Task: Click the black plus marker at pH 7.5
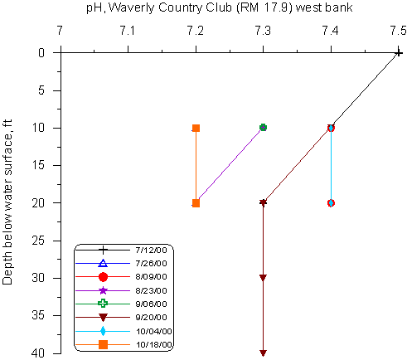[x=398, y=52]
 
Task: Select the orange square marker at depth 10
[x=196, y=128]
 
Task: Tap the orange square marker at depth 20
[x=196, y=203]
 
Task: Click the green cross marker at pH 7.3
[x=263, y=128]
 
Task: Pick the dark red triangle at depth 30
[x=263, y=278]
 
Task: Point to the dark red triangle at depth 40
[x=263, y=353]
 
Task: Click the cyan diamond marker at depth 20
[x=331, y=203]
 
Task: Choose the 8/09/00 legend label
[x=152, y=277]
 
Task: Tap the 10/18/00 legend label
[x=154, y=345]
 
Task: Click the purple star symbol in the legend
[x=103, y=290]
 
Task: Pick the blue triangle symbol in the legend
[x=103, y=263]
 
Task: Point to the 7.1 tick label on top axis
[x=128, y=31]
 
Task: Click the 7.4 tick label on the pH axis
[x=331, y=31]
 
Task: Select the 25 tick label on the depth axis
[x=38, y=241]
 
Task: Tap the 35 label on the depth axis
[x=38, y=315]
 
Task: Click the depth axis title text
[x=7, y=202]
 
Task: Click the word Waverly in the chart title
[x=132, y=7]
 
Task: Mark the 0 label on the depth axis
[x=41, y=52]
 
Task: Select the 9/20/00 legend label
[x=152, y=317]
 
